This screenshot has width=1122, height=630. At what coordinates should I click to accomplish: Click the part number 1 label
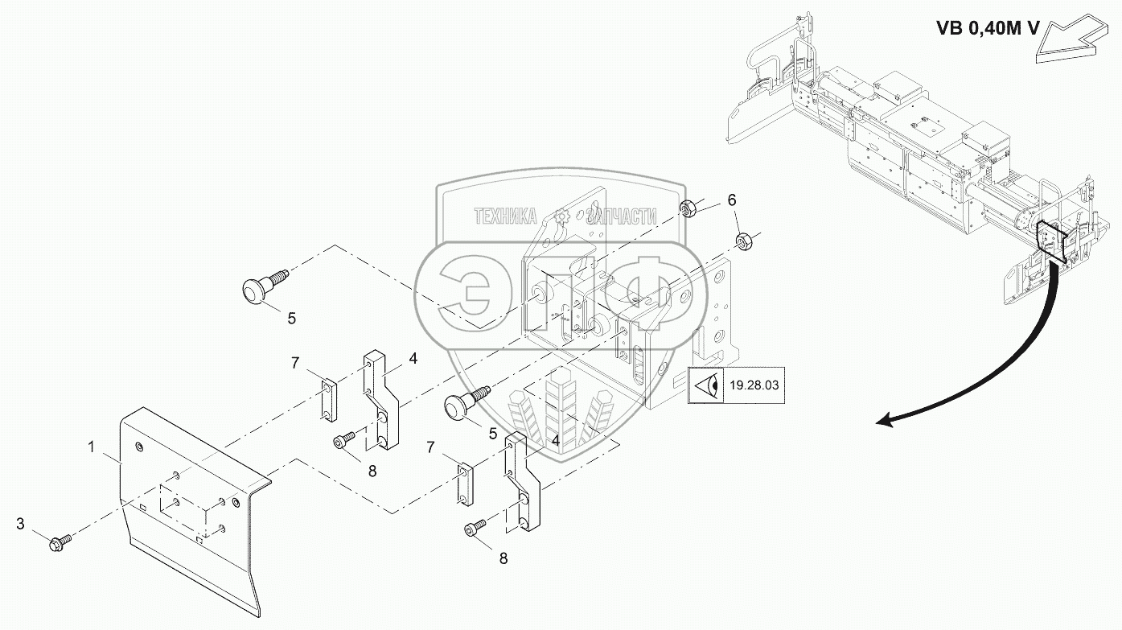(x=92, y=444)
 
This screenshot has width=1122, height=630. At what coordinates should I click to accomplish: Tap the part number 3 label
(x=21, y=524)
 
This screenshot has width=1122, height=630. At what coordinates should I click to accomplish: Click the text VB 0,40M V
(x=988, y=28)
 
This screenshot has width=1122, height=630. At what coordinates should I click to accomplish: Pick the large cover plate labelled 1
(x=185, y=507)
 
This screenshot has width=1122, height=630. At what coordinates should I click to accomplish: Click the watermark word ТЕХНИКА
(x=506, y=216)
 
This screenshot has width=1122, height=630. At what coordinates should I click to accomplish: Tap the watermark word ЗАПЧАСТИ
(x=621, y=216)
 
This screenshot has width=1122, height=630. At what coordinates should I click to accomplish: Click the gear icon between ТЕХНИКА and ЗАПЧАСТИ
(x=561, y=216)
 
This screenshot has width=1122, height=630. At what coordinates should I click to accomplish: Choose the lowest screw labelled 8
(x=473, y=529)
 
